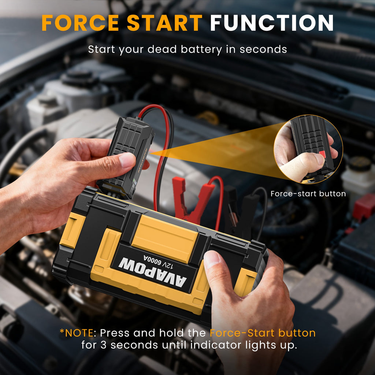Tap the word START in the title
pos(165,23)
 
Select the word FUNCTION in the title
pos(271,23)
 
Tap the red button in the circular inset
pos(322,154)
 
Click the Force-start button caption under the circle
pos(308,194)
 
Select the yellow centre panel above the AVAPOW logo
pos(165,238)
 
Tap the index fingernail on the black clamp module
pos(127,160)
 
